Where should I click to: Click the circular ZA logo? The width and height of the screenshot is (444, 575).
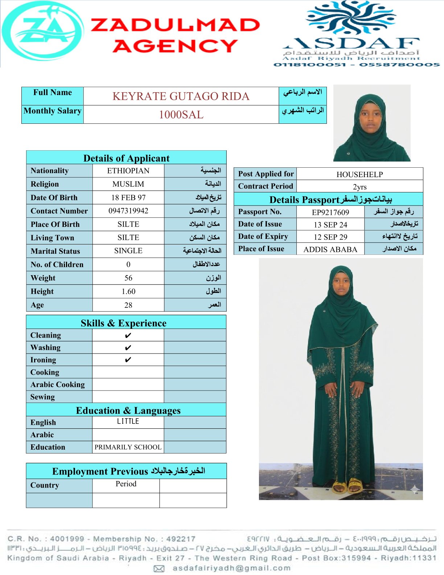click(43, 31)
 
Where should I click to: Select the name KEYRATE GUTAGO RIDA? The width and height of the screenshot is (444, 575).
click(181, 96)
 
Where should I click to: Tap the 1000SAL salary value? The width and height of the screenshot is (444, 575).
click(181, 115)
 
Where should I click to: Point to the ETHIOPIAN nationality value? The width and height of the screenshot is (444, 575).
click(128, 171)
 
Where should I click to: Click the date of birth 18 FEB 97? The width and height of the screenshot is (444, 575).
click(128, 198)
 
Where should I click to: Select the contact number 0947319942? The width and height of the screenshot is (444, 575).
click(128, 211)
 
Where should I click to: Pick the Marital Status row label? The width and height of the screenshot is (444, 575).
click(55, 251)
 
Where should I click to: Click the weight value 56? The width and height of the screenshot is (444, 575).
click(128, 278)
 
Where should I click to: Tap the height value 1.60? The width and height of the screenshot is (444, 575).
click(128, 291)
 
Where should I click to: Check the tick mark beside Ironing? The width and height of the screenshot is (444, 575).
click(128, 360)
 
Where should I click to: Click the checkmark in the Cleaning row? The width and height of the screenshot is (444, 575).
click(128, 335)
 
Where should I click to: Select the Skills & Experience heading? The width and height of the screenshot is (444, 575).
click(124, 323)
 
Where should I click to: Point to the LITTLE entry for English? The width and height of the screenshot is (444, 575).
click(128, 421)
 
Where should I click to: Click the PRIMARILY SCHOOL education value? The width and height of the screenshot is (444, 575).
click(128, 447)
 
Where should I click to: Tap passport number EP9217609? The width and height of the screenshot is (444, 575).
click(330, 212)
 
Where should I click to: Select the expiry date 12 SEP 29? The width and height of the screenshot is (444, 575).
click(330, 237)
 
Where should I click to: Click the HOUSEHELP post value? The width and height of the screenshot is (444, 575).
click(359, 175)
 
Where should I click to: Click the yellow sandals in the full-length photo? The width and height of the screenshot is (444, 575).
click(347, 486)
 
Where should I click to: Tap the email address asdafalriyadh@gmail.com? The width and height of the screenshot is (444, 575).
click(231, 568)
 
